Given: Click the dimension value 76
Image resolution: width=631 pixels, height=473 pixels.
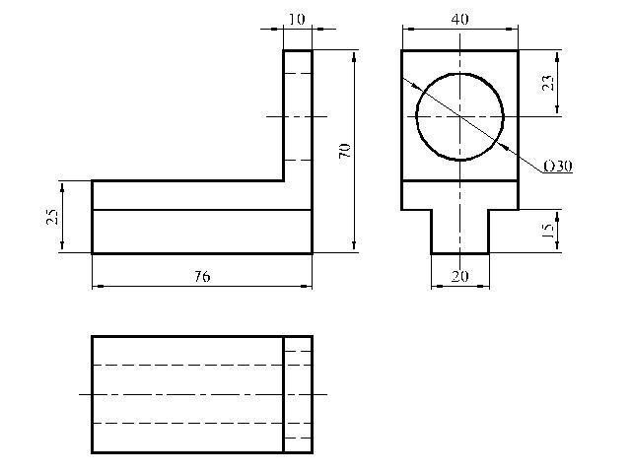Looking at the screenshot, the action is [x=202, y=276].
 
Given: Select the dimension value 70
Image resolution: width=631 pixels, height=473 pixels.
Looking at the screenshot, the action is [x=345, y=151].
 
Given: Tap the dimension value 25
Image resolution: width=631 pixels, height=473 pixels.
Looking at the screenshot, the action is [x=52, y=217].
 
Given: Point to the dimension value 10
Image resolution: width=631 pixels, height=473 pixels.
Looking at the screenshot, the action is [x=297, y=19].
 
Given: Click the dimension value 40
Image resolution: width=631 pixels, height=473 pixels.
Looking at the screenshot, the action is [x=459, y=19].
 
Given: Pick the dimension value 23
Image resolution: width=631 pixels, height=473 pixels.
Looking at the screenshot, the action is [x=548, y=83].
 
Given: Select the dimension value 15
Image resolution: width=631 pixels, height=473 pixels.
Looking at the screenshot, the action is [x=548, y=230].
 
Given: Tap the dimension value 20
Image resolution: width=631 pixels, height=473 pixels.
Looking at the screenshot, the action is [x=460, y=276].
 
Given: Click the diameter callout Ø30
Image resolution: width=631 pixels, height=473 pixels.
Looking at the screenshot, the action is [x=558, y=167].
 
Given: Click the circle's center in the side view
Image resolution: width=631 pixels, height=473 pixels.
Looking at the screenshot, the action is [x=459, y=116].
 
